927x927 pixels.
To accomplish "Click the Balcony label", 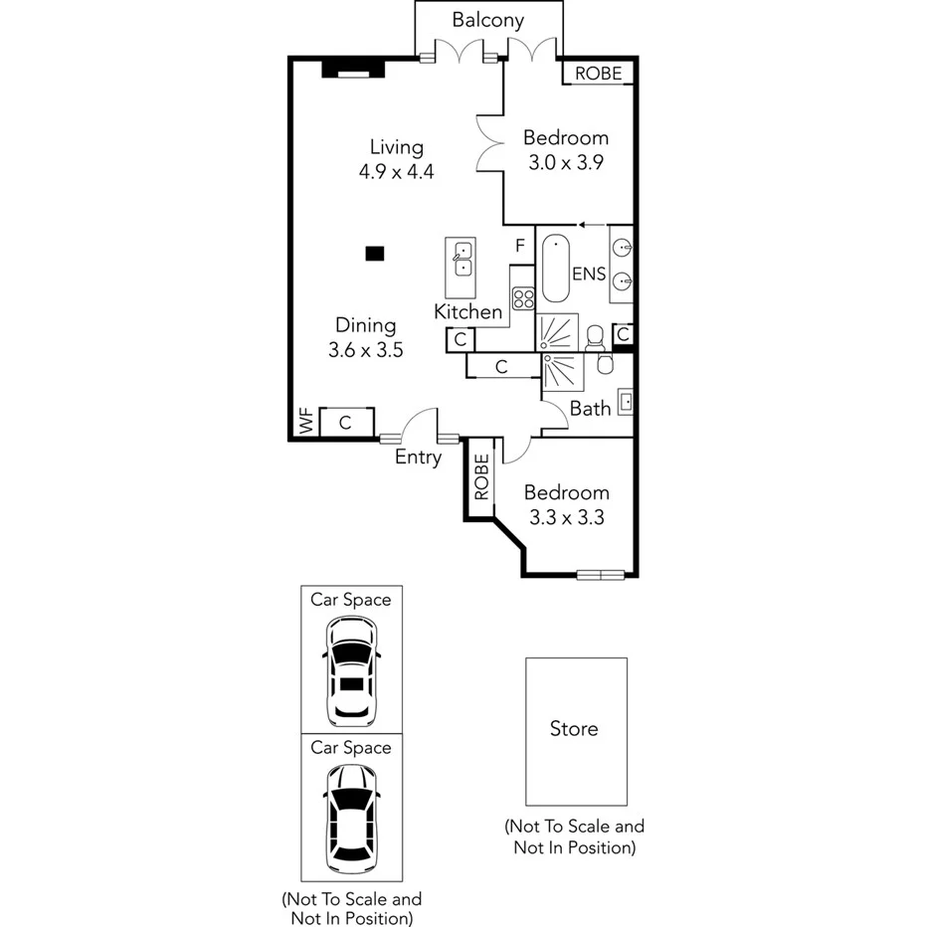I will pos(487,20).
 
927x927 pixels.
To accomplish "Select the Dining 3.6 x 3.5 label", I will pos(365,337).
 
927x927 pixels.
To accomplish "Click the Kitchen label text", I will pos(467,312).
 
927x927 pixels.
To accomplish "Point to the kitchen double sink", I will pos(460,259).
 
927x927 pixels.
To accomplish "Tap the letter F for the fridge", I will pos(519,246).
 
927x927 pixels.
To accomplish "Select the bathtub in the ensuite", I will pos(554,270).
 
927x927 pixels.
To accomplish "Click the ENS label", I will pos(589,274).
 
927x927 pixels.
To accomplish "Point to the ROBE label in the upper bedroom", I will pos(599,74).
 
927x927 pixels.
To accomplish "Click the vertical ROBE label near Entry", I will pos(481,476).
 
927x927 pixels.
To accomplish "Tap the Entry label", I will pos(418,458).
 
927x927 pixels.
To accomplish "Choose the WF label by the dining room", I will pos(305,422).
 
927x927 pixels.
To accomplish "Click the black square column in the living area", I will pos(374,254).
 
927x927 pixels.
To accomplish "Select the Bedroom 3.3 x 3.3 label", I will pos(566,504).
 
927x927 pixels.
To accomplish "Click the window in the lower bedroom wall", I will pos(601,574).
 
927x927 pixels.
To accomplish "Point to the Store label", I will pos(575,729).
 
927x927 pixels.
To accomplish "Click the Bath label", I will pos(590,409).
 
